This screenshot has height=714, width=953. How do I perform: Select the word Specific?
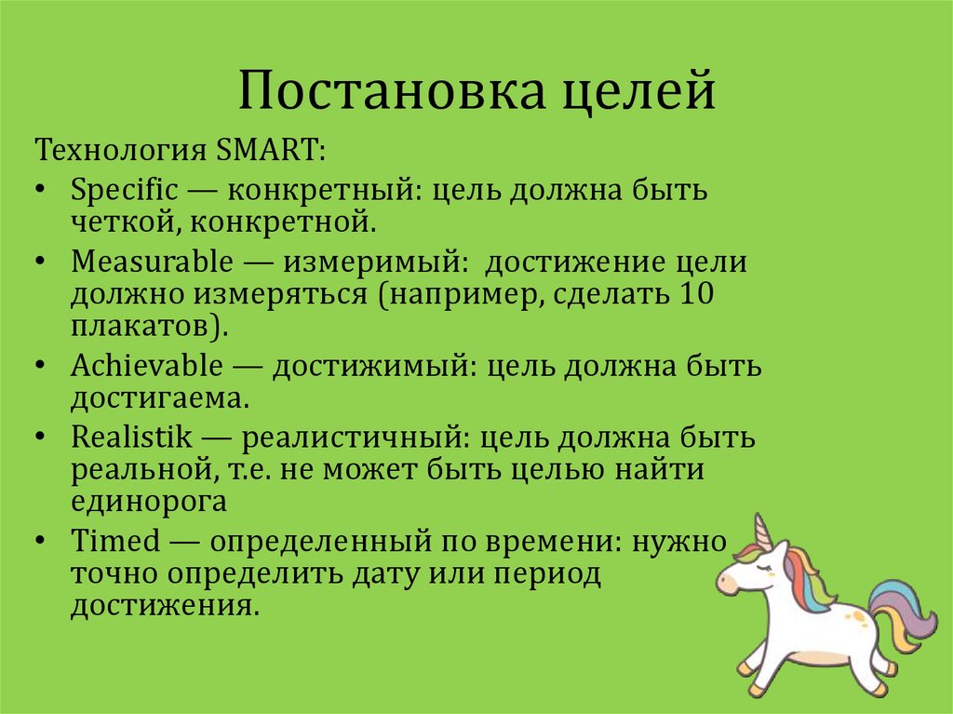(124, 192)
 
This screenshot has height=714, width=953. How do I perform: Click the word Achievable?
(147, 366)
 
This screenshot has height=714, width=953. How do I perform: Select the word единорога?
(149, 502)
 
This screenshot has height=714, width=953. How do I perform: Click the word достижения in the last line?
(160, 607)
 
